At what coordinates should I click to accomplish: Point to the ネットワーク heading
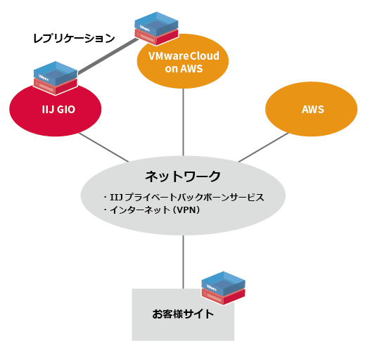(x=183, y=176)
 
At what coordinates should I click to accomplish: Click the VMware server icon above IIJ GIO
(x=55, y=77)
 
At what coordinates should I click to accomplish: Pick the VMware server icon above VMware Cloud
(x=155, y=26)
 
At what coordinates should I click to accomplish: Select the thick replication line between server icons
(x=106, y=57)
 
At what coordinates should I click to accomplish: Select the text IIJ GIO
(x=56, y=110)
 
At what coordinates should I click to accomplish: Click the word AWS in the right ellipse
(x=312, y=110)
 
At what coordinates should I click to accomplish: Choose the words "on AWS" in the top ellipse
(x=184, y=69)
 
